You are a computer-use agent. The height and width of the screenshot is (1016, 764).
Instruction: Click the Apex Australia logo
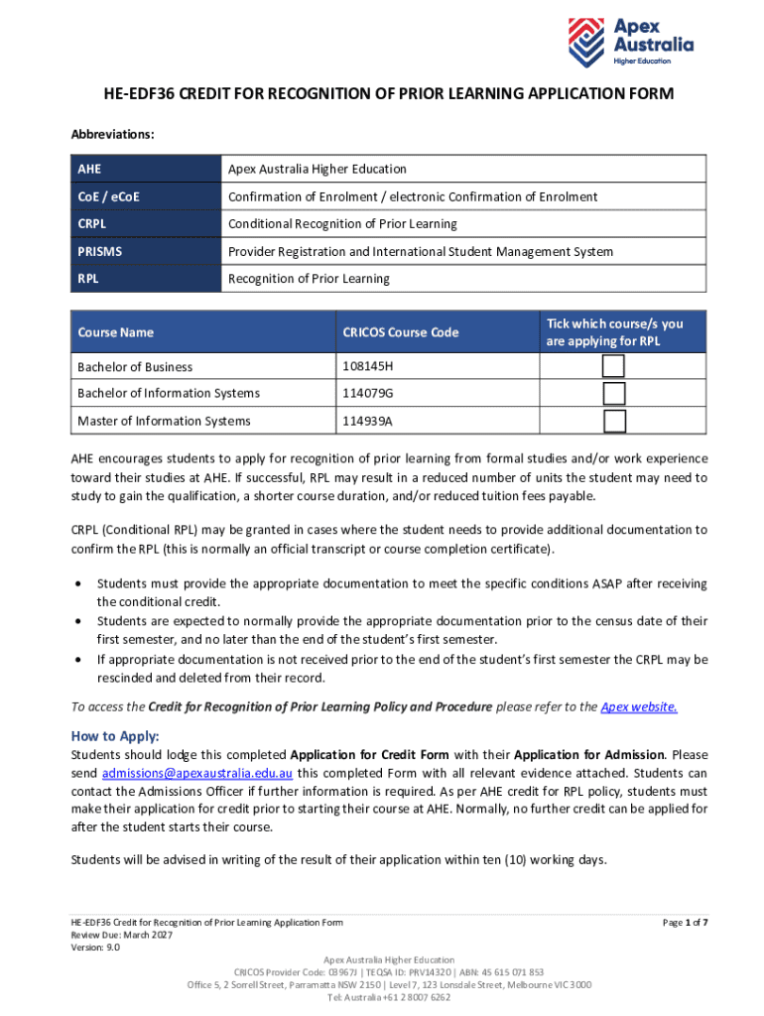(x=630, y=41)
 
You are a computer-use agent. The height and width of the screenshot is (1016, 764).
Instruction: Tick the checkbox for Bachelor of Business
(x=614, y=366)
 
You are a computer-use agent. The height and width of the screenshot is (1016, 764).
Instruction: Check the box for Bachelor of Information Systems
(x=614, y=393)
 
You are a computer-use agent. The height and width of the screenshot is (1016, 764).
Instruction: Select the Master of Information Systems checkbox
(x=614, y=421)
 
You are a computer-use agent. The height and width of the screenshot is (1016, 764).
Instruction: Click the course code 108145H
(x=366, y=367)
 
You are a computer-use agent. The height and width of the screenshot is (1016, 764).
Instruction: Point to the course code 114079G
(x=367, y=394)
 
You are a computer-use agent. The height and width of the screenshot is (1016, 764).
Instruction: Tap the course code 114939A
(x=367, y=421)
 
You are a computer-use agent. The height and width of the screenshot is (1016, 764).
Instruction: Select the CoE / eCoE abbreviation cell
(x=108, y=196)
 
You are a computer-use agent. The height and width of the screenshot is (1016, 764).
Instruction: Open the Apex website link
(x=640, y=707)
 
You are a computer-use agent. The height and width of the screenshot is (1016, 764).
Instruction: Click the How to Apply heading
(x=115, y=736)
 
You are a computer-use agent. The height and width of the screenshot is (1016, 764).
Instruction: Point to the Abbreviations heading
(x=112, y=133)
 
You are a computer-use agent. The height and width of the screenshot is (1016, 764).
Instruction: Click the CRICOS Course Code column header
(x=401, y=332)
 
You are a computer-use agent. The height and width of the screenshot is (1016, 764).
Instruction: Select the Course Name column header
(x=116, y=332)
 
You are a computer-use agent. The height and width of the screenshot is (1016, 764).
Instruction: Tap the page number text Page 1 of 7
(x=685, y=923)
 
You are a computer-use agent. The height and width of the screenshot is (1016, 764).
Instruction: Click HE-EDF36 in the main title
(x=136, y=94)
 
